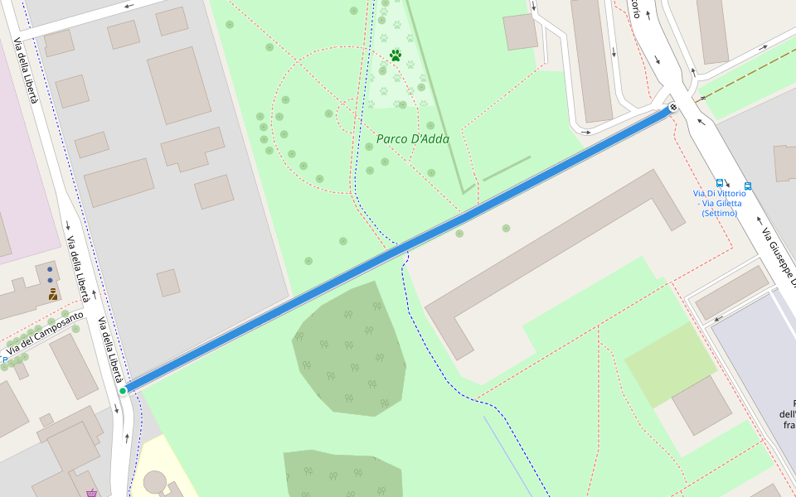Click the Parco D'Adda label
pos(413,139)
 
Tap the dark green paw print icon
pos(396,55)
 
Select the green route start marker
pos(123,391)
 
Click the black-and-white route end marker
pos(673,107)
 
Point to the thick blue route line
pos(398,248)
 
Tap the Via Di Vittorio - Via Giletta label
pos(719,203)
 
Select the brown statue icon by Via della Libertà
pos(52,293)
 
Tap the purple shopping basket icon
pos(91,494)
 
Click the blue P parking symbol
pos(5,359)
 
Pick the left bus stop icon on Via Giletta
pos(720,184)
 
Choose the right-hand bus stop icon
pos(748,186)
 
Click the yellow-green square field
pos(670,364)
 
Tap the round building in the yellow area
pos(155,481)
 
